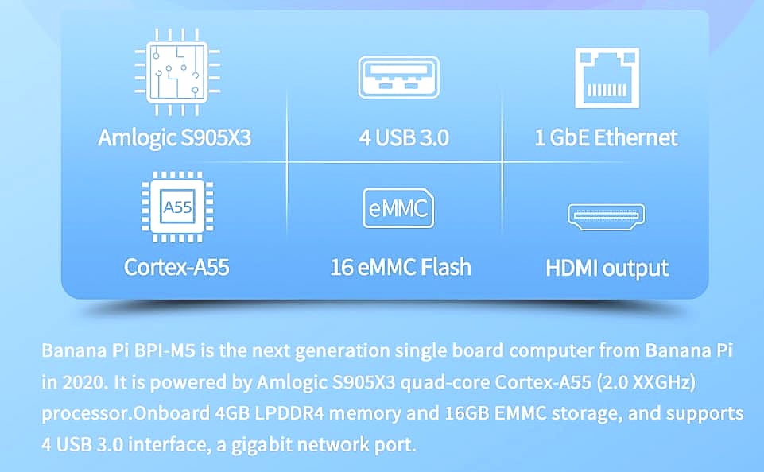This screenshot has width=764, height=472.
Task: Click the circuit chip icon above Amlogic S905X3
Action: click(x=176, y=72)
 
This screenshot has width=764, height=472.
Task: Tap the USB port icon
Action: click(x=398, y=77)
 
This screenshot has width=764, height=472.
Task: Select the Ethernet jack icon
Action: click(x=607, y=77)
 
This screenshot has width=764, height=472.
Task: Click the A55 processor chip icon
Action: click(x=177, y=207)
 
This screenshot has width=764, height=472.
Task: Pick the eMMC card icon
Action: click(x=398, y=208)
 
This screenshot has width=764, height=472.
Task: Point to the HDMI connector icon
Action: click(x=606, y=216)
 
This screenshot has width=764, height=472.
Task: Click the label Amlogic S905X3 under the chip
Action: click(x=174, y=137)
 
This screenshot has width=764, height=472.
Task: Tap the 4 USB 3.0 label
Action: click(x=404, y=137)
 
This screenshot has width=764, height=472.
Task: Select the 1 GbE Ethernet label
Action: click(x=606, y=137)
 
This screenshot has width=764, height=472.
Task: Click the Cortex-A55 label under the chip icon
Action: click(x=176, y=267)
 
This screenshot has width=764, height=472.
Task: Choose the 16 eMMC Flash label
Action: click(x=401, y=267)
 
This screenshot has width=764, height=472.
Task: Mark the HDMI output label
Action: click(x=607, y=268)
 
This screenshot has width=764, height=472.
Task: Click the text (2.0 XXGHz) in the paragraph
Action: click(x=646, y=382)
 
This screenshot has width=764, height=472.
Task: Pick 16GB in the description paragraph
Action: click(x=467, y=413)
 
